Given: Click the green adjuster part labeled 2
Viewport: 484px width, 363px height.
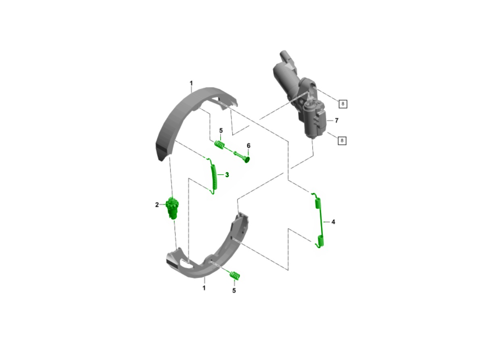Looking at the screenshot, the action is click(172, 208).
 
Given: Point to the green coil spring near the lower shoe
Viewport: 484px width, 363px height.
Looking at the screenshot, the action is click(235, 275).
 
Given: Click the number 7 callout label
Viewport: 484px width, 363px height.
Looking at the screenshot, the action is click(336, 121).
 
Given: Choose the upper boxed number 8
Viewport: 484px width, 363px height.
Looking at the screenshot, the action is click(343, 104).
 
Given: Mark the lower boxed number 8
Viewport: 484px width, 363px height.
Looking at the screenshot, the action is click(342, 140).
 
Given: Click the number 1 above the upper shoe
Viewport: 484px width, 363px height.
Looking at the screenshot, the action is click(191, 83).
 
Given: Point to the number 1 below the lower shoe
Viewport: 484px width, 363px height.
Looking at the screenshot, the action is click(204, 288).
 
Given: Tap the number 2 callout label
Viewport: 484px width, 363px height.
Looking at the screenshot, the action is click(157, 205).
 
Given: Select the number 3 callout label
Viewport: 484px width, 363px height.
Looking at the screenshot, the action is click(227, 175).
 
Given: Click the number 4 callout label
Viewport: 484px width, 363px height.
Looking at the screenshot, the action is click(333, 222).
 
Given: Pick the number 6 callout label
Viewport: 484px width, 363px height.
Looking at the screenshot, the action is click(248, 146).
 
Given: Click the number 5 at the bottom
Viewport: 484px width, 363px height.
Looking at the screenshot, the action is click(234, 290).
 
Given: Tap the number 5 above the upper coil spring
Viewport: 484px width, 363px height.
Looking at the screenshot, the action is click(221, 130).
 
